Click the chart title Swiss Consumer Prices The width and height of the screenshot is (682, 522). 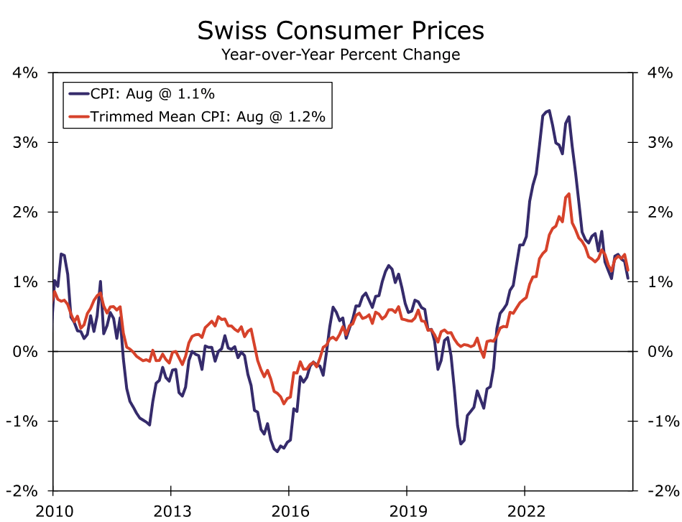point(341,31)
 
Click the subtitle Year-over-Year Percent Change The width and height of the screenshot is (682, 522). point(341,55)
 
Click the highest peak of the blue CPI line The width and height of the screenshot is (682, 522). point(550,111)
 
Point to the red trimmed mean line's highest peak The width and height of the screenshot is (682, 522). point(569,194)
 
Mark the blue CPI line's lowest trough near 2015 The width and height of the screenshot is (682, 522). point(277,452)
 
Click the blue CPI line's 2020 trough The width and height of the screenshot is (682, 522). point(461,444)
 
